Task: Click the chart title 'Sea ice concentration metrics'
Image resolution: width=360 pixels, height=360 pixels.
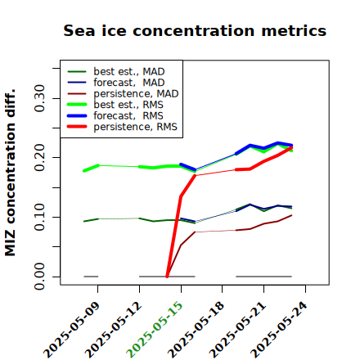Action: click(x=195, y=30)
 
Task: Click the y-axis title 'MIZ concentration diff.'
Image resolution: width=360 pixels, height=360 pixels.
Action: click(x=10, y=173)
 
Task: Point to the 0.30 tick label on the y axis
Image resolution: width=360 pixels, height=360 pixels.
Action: click(x=39, y=98)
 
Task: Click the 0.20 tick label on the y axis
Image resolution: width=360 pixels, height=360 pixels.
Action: click(x=39, y=158)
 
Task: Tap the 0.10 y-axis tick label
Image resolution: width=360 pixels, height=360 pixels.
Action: click(x=39, y=217)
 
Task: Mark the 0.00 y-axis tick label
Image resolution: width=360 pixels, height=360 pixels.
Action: click(x=39, y=277)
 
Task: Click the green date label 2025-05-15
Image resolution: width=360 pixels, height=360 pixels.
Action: click(x=155, y=330)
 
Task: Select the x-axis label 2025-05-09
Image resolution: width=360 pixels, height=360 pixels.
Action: click(x=71, y=330)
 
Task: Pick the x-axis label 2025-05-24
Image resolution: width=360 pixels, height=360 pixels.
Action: click(x=279, y=330)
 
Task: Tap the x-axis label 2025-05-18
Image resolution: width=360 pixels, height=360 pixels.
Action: click(x=196, y=330)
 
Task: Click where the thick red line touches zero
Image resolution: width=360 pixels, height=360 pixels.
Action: click(x=167, y=277)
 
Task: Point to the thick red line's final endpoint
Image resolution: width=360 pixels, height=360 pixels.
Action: click(x=291, y=147)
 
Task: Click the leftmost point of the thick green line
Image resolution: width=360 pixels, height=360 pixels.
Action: click(x=84, y=171)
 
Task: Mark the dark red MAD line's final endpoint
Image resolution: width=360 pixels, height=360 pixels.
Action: click(x=291, y=215)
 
